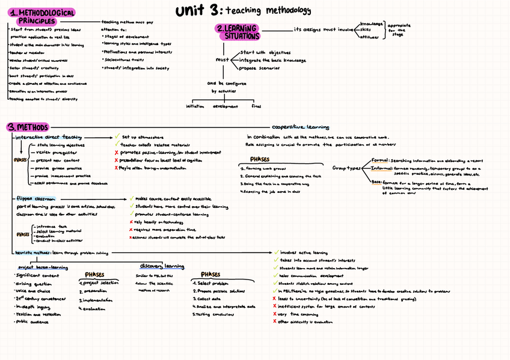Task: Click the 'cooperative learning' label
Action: pyautogui.click(x=300, y=127)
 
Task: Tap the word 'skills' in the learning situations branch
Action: pyautogui.click(x=366, y=29)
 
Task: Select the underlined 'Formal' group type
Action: pyautogui.click(x=380, y=161)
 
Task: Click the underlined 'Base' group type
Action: pyautogui.click(x=376, y=181)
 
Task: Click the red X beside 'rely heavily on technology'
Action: pyautogui.click(x=131, y=222)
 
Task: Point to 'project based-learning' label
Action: pyautogui.click(x=42, y=267)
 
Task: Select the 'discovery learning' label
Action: pyautogui.click(x=162, y=266)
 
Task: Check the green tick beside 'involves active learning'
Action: pyautogui.click(x=276, y=253)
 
